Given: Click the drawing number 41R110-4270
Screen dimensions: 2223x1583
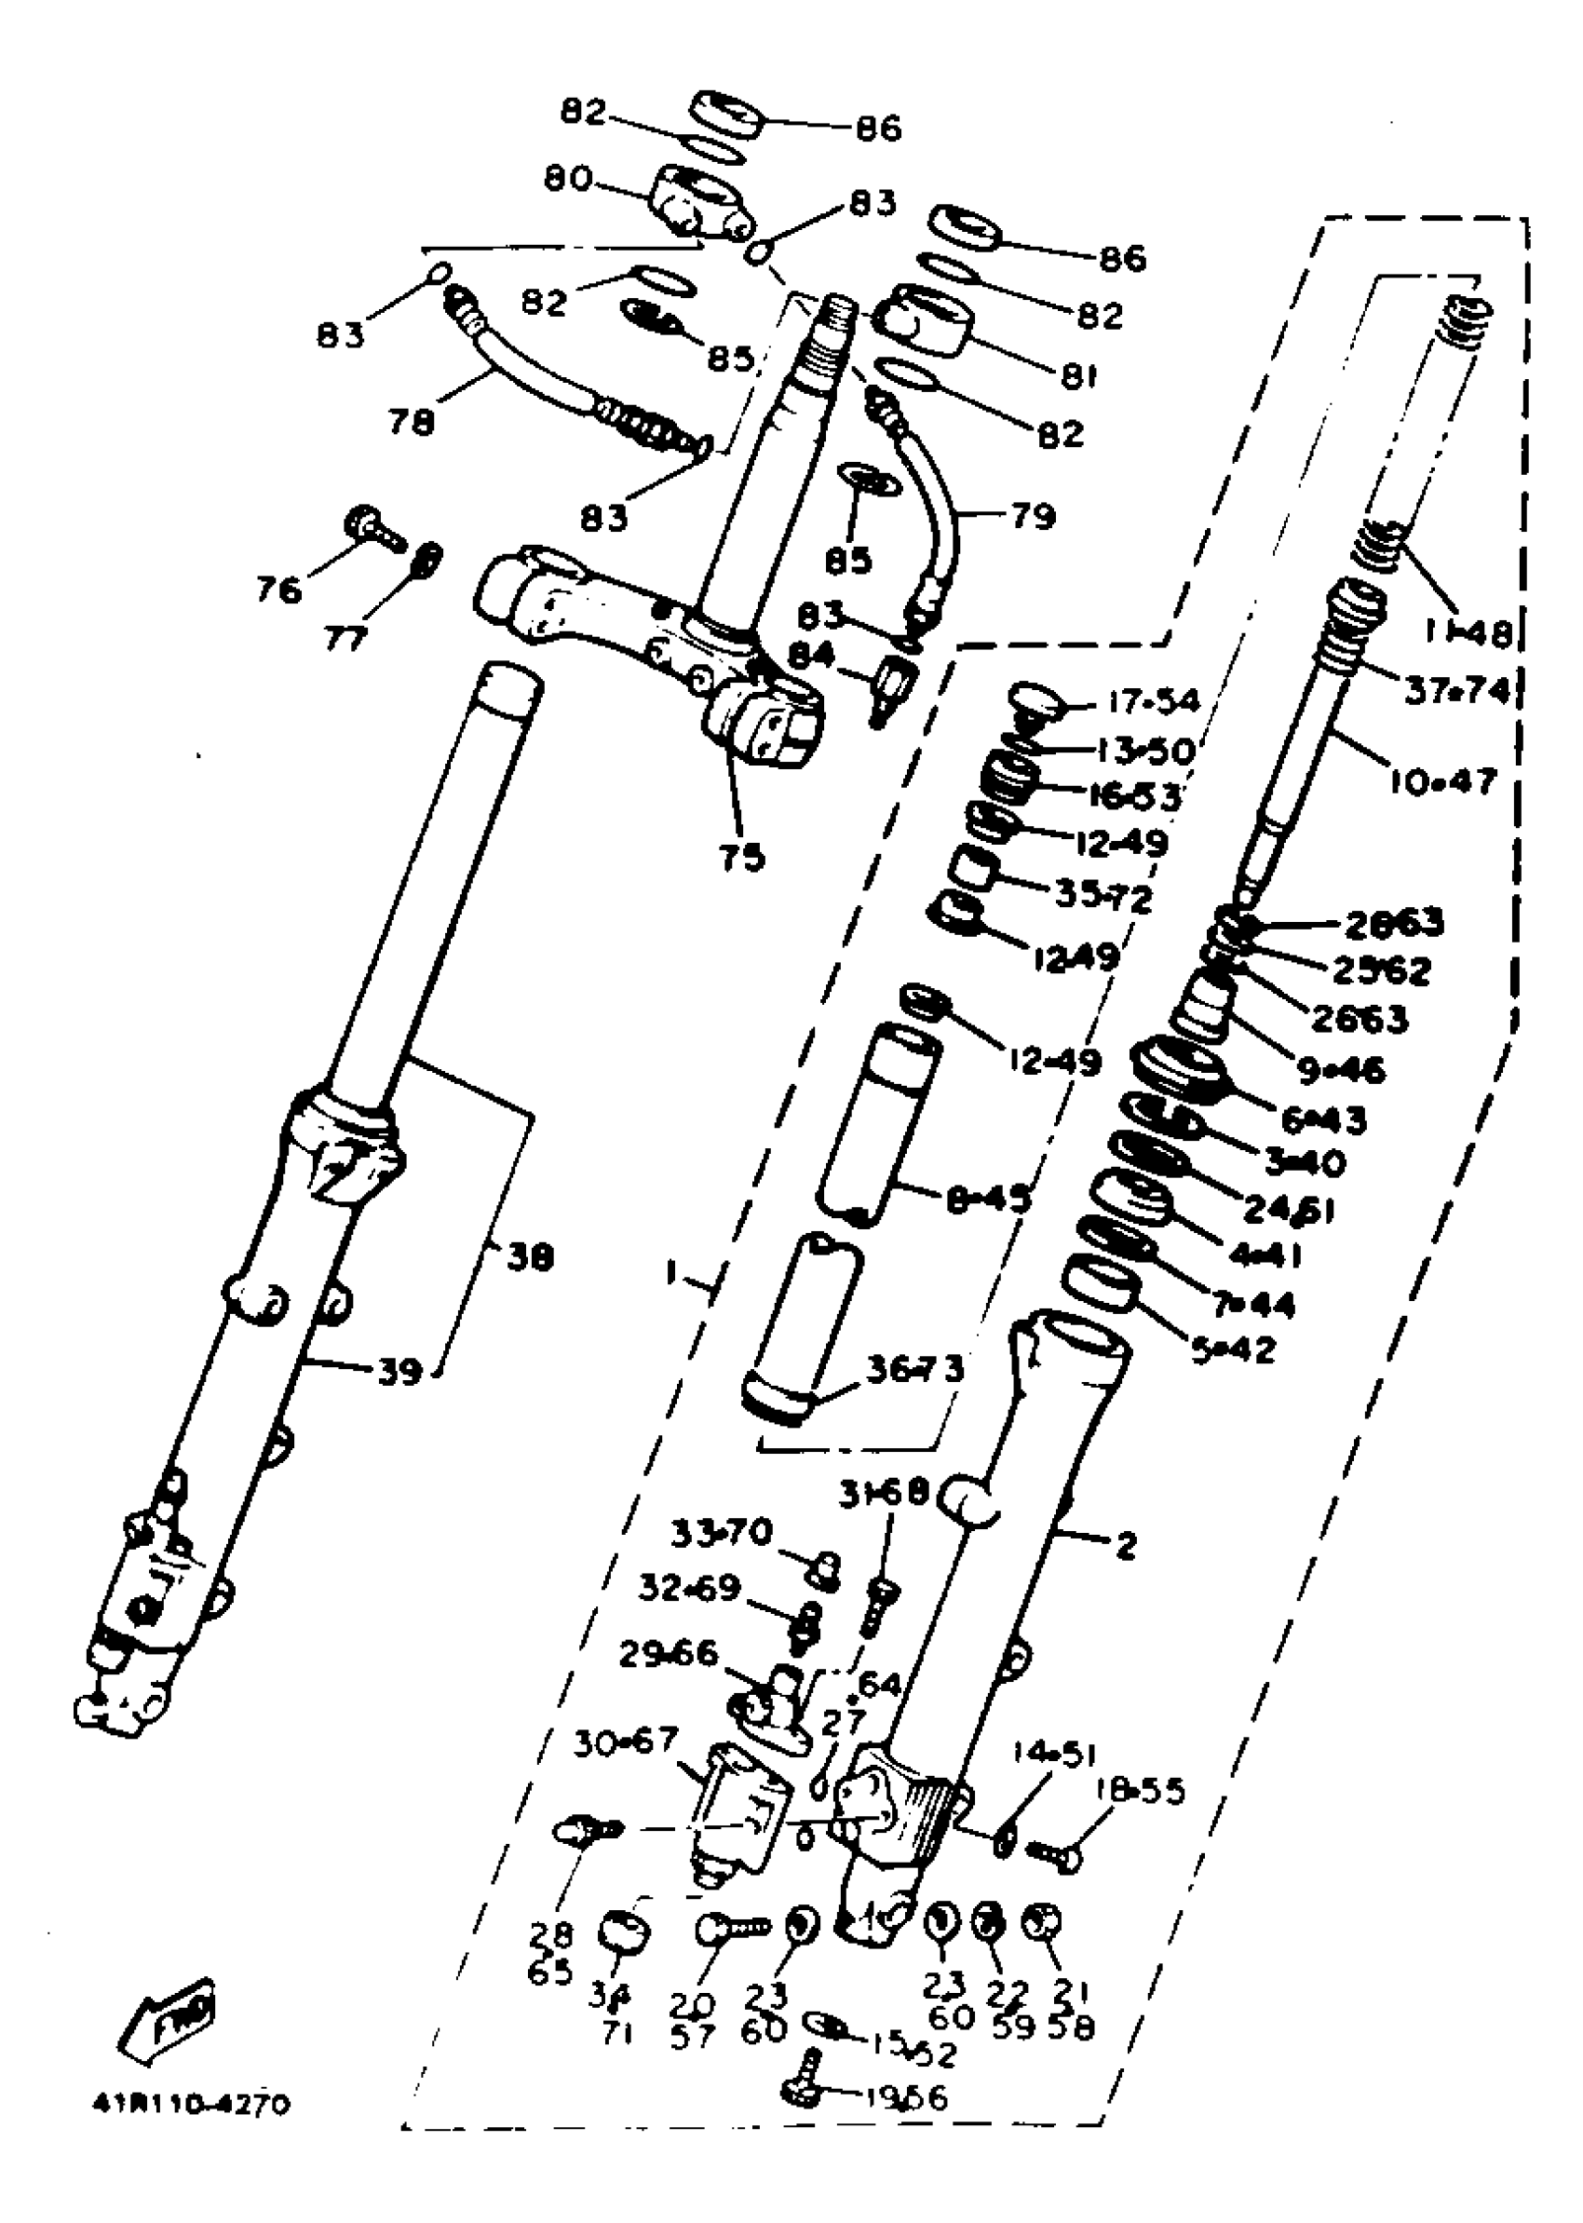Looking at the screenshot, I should tap(191, 2104).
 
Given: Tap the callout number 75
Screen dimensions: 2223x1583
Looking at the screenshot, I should tap(742, 857).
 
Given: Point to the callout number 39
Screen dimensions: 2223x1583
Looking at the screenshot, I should tap(399, 1372).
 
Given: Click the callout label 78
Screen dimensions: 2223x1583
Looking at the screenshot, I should tap(411, 421).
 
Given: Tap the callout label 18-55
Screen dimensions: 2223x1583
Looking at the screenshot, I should tap(1140, 1790).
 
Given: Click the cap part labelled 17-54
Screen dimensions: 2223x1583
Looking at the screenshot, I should tap(1034, 700).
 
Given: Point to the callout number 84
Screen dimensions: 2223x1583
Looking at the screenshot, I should tap(811, 654).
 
